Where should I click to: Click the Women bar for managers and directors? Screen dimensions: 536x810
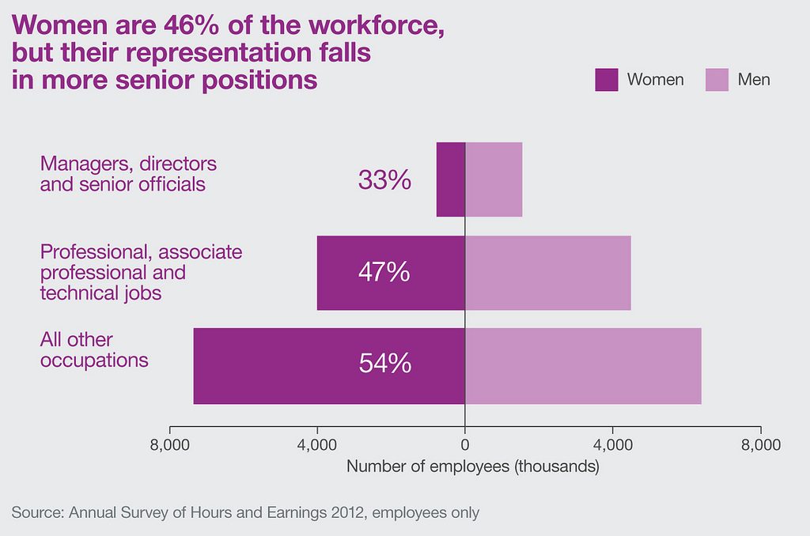[451, 179]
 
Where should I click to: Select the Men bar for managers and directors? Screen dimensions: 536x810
[494, 179]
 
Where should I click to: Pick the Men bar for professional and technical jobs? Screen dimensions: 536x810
[547, 273]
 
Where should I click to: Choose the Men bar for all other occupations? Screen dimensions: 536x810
[583, 365]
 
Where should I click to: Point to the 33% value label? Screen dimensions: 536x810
[384, 180]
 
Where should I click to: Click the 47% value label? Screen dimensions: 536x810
[384, 272]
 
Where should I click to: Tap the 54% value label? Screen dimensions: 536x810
[384, 364]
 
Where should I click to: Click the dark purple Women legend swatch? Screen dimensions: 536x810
[606, 80]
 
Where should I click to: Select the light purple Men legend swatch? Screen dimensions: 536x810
[717, 80]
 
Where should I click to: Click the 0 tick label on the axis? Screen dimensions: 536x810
[465, 445]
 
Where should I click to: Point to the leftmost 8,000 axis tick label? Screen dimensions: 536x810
[169, 445]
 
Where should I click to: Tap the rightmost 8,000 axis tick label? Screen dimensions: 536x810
[761, 445]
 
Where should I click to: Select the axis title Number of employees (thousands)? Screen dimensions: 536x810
[472, 466]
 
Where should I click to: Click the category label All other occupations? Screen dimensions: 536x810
[94, 350]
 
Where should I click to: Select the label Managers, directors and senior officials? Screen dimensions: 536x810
[128, 174]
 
